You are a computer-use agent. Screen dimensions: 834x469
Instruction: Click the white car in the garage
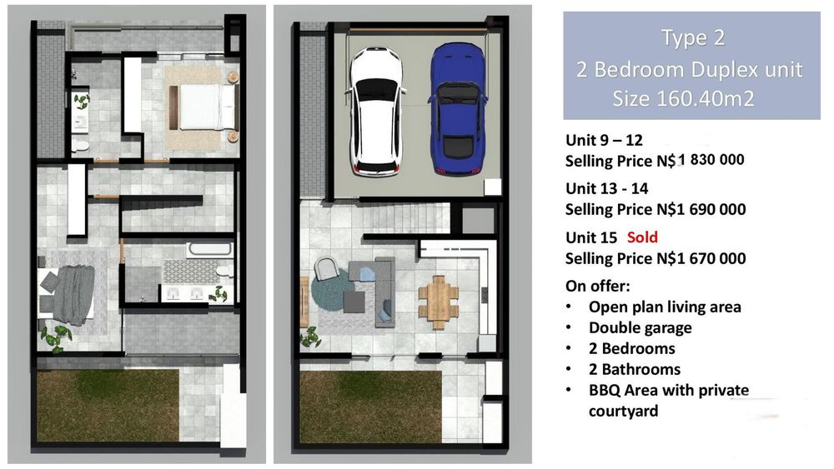tap(375, 111)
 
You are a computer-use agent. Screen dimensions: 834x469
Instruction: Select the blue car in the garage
tap(457, 108)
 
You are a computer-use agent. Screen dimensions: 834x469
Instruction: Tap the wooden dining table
tap(439, 302)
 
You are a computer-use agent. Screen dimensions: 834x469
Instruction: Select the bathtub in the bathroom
tap(209, 249)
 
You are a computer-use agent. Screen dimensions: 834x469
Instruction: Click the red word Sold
tap(642, 237)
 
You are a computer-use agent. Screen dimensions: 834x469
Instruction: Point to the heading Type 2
tap(692, 37)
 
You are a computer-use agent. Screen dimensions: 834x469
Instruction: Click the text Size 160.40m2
tap(684, 99)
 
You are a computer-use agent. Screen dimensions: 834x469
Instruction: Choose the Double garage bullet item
tap(640, 327)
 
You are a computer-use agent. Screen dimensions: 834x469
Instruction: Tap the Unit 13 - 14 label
tap(607, 188)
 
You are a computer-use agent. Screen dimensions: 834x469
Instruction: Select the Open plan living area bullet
tap(665, 307)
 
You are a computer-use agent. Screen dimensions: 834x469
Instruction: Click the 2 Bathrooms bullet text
tap(634, 369)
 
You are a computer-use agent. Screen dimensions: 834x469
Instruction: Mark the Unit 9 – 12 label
tap(604, 140)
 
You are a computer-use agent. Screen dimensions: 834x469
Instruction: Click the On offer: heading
tap(597, 287)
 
